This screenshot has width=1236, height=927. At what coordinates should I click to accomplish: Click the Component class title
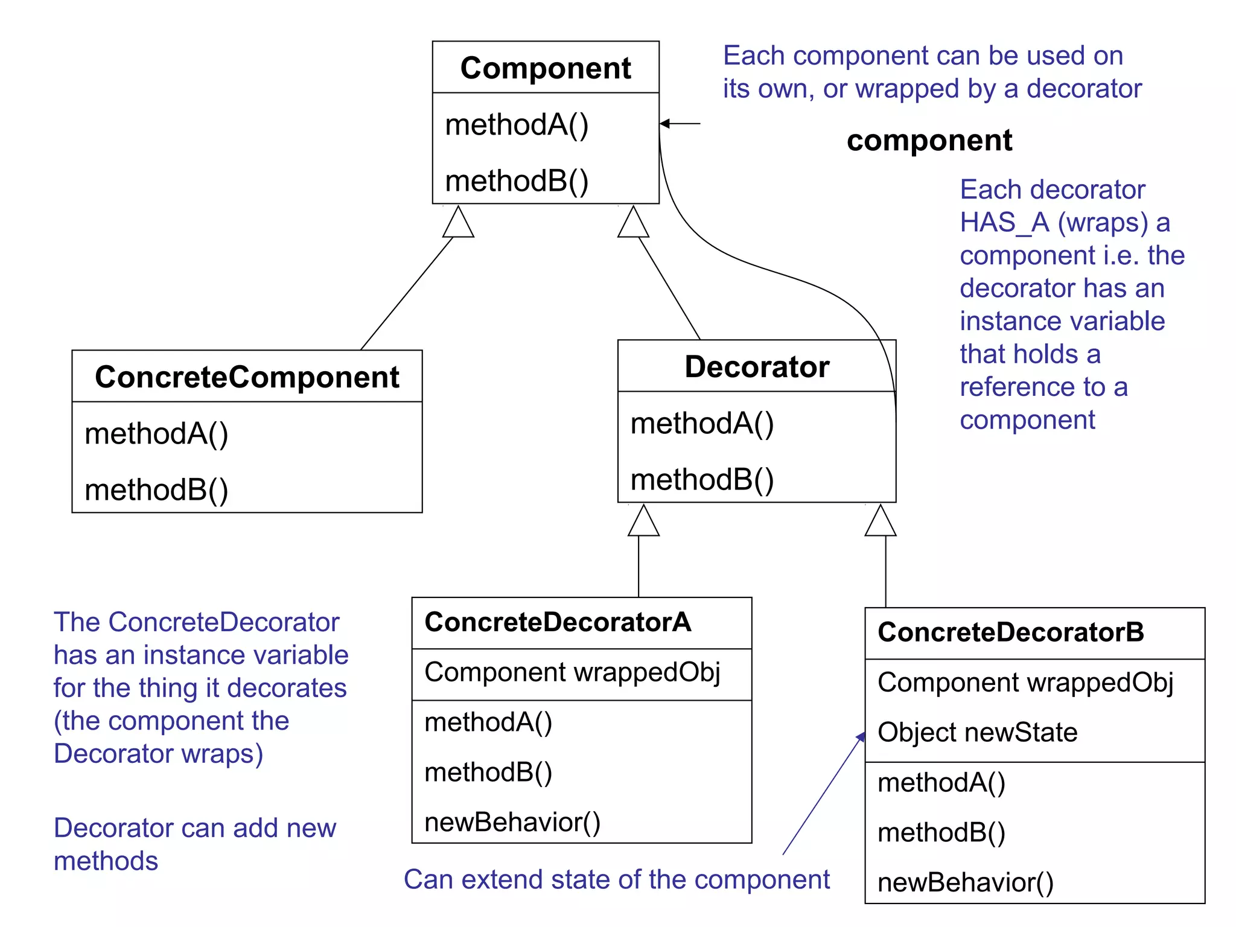[546, 68]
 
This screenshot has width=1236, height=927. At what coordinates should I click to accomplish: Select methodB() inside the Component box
[517, 180]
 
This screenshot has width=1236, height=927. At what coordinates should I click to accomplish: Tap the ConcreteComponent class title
[247, 377]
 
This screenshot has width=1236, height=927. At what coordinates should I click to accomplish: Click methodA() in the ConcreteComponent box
[156, 433]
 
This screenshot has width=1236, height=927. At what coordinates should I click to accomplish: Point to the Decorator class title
[757, 367]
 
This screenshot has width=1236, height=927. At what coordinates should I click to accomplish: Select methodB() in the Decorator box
[702, 479]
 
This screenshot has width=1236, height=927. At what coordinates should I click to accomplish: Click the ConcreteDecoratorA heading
[558, 622]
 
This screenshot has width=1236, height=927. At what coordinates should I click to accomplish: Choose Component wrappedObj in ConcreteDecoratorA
[572, 672]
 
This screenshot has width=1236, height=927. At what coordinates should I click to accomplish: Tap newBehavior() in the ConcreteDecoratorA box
[512, 822]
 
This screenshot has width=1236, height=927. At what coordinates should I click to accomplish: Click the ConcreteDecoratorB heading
[1011, 632]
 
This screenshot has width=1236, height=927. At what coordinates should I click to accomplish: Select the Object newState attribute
[977, 732]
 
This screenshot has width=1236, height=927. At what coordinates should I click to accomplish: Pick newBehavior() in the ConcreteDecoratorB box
[966, 882]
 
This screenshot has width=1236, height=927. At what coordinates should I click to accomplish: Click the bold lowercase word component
[929, 141]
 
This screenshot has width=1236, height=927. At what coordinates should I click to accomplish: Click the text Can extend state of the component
[617, 879]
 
